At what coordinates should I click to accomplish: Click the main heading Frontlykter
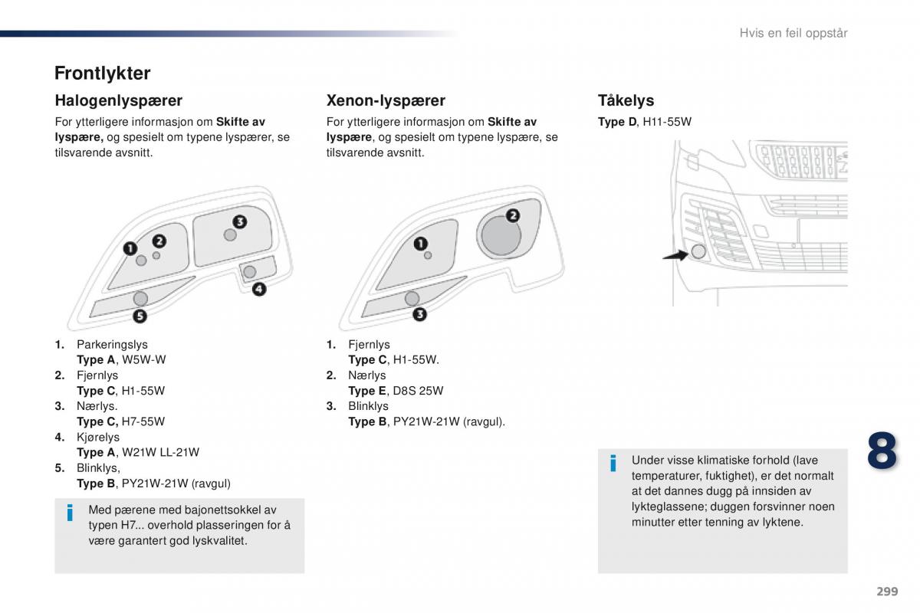coord(102,74)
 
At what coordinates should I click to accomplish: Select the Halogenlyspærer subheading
coord(118,100)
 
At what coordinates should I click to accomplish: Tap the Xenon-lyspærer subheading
coord(386,100)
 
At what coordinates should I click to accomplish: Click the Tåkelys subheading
coord(626,100)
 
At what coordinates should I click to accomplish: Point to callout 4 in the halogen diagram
coord(259,289)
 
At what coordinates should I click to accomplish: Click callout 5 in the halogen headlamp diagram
coord(140,315)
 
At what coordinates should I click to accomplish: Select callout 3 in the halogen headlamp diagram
coord(239,221)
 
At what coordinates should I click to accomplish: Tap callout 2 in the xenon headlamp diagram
coord(512,215)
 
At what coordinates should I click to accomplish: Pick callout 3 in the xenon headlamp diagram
coord(419,314)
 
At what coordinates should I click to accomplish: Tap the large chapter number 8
coord(882,451)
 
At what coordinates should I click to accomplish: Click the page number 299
coord(886,592)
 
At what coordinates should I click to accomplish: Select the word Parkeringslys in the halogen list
coord(112,345)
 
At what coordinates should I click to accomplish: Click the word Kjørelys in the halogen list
coord(98,437)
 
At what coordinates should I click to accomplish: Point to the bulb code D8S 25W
coord(418,391)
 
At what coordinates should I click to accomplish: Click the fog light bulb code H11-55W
coord(667,122)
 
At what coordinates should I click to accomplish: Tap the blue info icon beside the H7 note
coord(70,513)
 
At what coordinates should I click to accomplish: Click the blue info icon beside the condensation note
coord(613,463)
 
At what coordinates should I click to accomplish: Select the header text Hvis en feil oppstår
coord(793,33)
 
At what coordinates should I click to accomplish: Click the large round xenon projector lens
coord(501,234)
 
